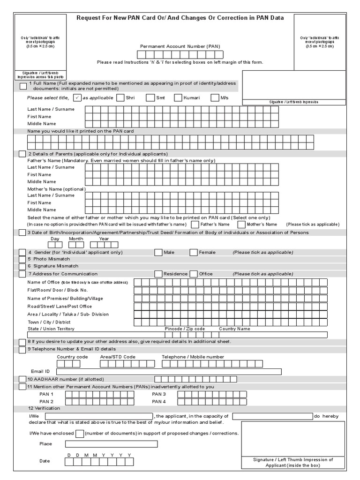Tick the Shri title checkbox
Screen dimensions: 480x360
point(120,97)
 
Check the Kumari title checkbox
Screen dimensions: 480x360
point(178,97)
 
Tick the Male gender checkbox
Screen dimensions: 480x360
point(158,252)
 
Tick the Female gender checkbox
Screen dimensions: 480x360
point(194,252)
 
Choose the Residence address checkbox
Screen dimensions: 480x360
point(158,274)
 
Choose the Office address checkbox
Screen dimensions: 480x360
point(194,274)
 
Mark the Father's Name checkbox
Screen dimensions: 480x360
point(195,225)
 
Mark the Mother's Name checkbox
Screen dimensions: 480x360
point(241,225)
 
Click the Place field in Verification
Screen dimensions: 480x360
point(112,444)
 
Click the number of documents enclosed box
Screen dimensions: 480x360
point(80,434)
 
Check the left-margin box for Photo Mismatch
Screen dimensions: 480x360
point(22,259)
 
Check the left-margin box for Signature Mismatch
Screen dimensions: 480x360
point(22,266)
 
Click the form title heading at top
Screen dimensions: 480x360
point(180,18)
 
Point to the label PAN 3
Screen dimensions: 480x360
point(159,394)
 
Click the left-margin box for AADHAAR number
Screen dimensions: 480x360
point(22,379)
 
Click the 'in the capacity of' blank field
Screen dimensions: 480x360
point(272,416)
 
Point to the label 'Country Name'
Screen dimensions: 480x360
point(234,329)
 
